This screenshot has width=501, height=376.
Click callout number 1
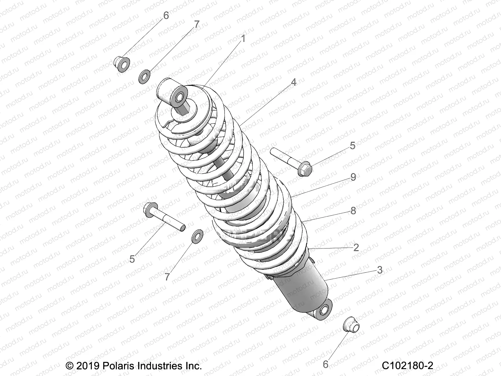(x=243, y=39)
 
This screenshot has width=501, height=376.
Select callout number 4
(x=293, y=82)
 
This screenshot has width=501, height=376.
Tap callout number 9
(x=353, y=177)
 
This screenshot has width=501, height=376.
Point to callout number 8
(x=353, y=211)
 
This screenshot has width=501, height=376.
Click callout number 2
(x=356, y=248)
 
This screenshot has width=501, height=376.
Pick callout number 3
(x=380, y=270)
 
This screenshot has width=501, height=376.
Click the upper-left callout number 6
(x=166, y=15)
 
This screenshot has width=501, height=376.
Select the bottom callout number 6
(x=326, y=364)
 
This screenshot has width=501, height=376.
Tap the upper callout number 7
(x=197, y=25)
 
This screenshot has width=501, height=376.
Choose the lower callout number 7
(x=167, y=277)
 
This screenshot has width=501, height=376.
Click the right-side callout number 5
(x=353, y=146)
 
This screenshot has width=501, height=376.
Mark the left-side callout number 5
(x=132, y=259)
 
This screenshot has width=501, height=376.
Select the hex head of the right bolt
(x=304, y=169)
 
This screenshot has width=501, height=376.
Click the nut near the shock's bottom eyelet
(x=351, y=326)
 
